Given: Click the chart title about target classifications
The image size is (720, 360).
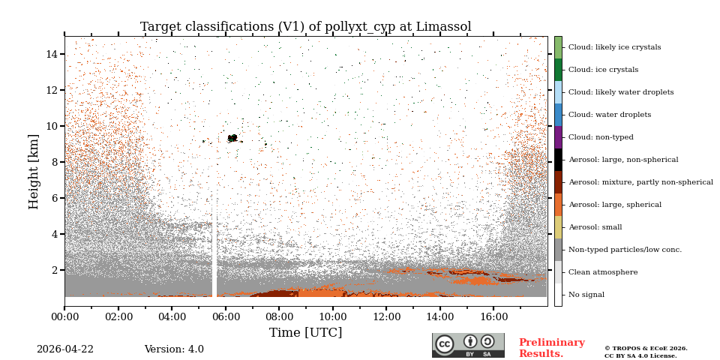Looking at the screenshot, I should point(305,27).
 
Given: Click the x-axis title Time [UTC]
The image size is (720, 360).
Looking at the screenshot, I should point(305,332).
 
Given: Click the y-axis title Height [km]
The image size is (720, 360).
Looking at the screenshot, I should point(34,171).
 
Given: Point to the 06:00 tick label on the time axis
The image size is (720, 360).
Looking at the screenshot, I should point(225,317).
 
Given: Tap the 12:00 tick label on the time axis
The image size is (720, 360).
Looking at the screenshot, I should point(386,317).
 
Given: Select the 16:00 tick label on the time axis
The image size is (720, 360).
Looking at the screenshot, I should point(493,317).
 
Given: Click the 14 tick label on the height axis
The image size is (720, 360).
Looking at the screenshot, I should point(52,54).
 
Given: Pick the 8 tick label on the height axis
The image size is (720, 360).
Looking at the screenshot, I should point(55,162).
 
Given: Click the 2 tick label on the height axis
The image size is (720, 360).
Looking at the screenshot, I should point(55,270).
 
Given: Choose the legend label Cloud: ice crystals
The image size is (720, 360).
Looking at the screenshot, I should point(603,70).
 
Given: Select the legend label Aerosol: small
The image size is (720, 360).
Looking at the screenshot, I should point(595,227).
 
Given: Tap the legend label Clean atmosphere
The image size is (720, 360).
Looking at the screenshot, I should point(603,272).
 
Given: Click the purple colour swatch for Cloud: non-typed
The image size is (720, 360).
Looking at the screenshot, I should point(558,137).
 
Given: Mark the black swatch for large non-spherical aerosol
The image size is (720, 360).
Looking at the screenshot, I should point(558,160).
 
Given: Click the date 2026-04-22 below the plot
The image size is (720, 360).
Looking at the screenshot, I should point(65,349).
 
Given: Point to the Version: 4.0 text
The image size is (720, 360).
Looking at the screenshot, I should point(174,349).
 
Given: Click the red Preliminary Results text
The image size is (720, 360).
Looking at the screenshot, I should point(551,348).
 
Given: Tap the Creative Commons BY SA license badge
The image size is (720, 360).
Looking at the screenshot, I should point(468,345).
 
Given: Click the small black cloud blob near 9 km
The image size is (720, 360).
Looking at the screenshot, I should point(232,138).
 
